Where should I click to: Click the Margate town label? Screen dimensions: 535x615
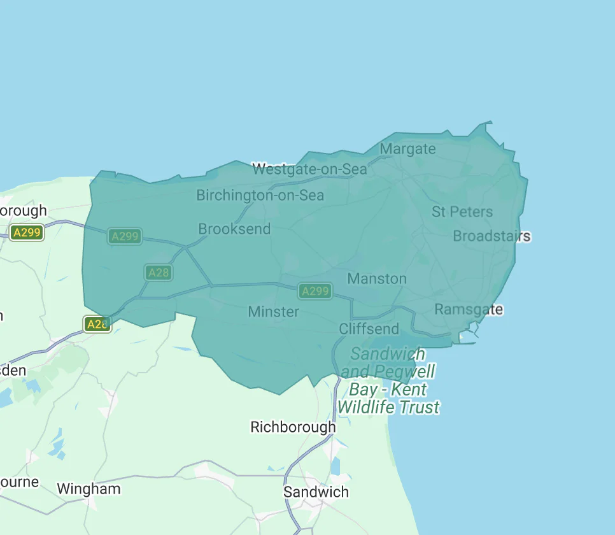coord(407,149)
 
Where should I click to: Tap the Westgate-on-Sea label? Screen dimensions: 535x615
coord(309,169)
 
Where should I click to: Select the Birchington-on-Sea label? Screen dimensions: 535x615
coord(260,196)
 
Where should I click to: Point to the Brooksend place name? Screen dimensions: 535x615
coord(234,229)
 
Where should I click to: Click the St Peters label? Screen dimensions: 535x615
coord(462,211)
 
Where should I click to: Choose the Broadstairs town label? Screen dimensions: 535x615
coord(491,236)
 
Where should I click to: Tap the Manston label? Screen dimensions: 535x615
coord(376,278)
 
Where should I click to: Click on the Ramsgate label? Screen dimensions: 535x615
coord(469,310)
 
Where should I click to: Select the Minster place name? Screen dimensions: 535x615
coord(273,311)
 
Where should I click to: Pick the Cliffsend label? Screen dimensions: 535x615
coord(369,329)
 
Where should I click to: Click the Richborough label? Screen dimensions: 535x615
coord(293,427)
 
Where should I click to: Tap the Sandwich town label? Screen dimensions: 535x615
coord(316,492)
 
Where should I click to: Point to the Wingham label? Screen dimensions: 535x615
coord(88,489)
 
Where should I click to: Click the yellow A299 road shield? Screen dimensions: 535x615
coord(27,232)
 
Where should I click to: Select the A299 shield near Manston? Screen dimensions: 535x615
coord(315,291)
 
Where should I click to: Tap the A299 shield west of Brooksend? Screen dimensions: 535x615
coord(125,236)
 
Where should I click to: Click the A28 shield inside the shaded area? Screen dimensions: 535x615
coord(158,273)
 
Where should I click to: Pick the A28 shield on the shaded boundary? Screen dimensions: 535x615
coord(97,324)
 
